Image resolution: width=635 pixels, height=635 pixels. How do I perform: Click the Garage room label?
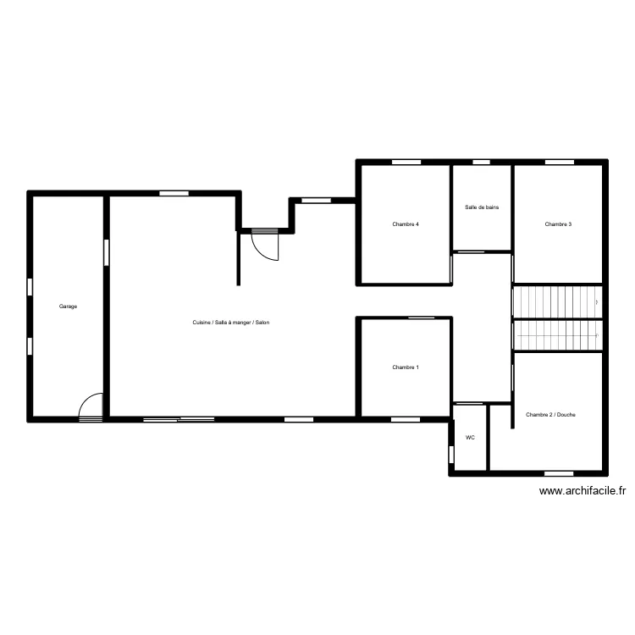click(68, 306)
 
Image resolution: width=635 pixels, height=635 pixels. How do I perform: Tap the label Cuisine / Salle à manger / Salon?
click(231, 323)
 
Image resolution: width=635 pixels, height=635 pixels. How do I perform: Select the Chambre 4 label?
click(406, 224)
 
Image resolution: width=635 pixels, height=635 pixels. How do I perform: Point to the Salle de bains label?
click(482, 207)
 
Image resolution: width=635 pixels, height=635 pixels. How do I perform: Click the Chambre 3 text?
click(558, 224)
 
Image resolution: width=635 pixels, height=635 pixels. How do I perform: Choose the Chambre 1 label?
click(406, 367)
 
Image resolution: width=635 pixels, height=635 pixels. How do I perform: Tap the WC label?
click(470, 438)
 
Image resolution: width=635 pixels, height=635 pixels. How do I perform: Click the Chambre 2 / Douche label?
click(551, 415)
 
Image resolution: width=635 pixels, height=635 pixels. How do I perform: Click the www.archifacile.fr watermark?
click(583, 491)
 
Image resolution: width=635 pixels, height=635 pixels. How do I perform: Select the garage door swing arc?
click(86, 398)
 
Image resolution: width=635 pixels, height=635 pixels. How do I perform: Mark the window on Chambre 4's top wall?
click(406, 163)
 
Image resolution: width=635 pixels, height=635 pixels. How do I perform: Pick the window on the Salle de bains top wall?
click(482, 163)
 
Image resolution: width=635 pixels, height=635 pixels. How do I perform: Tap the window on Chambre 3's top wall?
click(560, 163)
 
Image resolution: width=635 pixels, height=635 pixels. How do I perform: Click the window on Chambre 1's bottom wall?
click(406, 420)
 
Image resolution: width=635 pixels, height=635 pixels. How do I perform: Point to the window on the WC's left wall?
click(451, 455)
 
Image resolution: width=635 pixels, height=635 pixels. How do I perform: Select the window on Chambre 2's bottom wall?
click(559, 474)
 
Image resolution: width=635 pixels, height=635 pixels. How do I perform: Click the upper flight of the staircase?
click(558, 302)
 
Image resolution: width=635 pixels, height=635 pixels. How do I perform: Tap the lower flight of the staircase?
click(558, 336)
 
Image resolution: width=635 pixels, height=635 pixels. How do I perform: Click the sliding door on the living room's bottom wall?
click(179, 420)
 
